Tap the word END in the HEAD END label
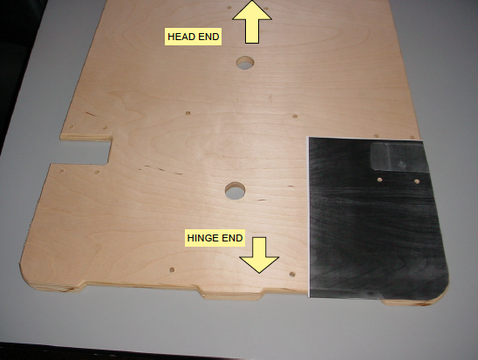pos(208,37)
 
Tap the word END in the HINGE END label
pos(233,238)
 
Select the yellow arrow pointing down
pos(259,255)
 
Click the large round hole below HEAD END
pos(245,63)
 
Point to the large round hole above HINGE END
pos(235,191)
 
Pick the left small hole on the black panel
pos(379,180)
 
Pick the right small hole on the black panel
pos(417,181)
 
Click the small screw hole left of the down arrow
pos(172,270)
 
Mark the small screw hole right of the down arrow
pos(292,275)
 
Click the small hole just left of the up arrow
pos(229,8)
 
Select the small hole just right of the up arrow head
pos(266,9)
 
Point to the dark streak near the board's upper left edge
pos(90,114)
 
